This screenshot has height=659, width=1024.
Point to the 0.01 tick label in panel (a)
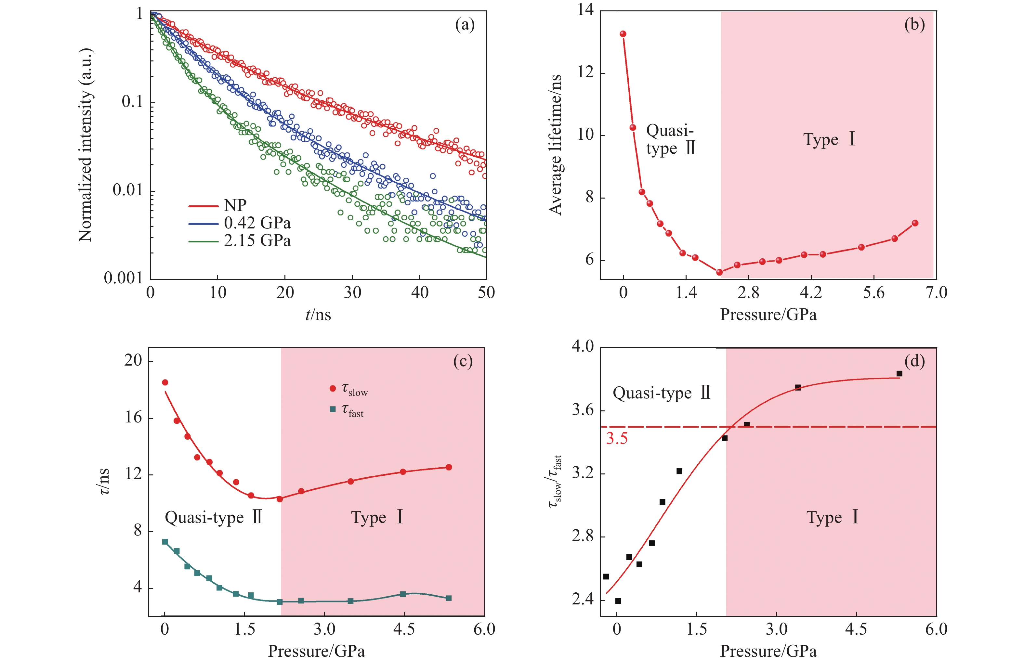(x=127, y=190)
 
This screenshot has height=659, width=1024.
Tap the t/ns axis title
(x=318, y=315)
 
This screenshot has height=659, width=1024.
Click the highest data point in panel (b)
(x=623, y=34)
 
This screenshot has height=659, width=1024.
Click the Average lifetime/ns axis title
(x=555, y=144)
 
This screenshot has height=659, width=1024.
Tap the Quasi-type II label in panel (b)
(x=670, y=139)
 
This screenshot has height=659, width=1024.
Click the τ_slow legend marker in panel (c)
(x=333, y=389)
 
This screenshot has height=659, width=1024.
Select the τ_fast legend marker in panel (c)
(x=333, y=409)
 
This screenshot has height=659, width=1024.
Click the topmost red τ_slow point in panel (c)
(x=165, y=382)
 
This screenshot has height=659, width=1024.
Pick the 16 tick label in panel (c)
(x=133, y=417)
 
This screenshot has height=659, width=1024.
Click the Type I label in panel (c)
(x=377, y=517)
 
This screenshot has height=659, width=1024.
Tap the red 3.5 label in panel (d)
(x=616, y=439)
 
